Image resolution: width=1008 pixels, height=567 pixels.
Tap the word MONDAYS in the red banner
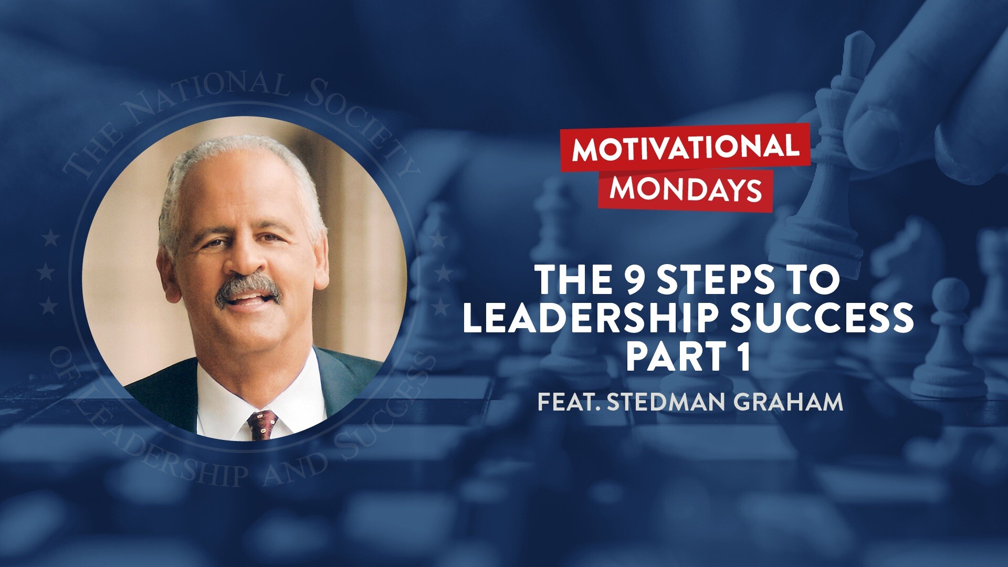(685, 189)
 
